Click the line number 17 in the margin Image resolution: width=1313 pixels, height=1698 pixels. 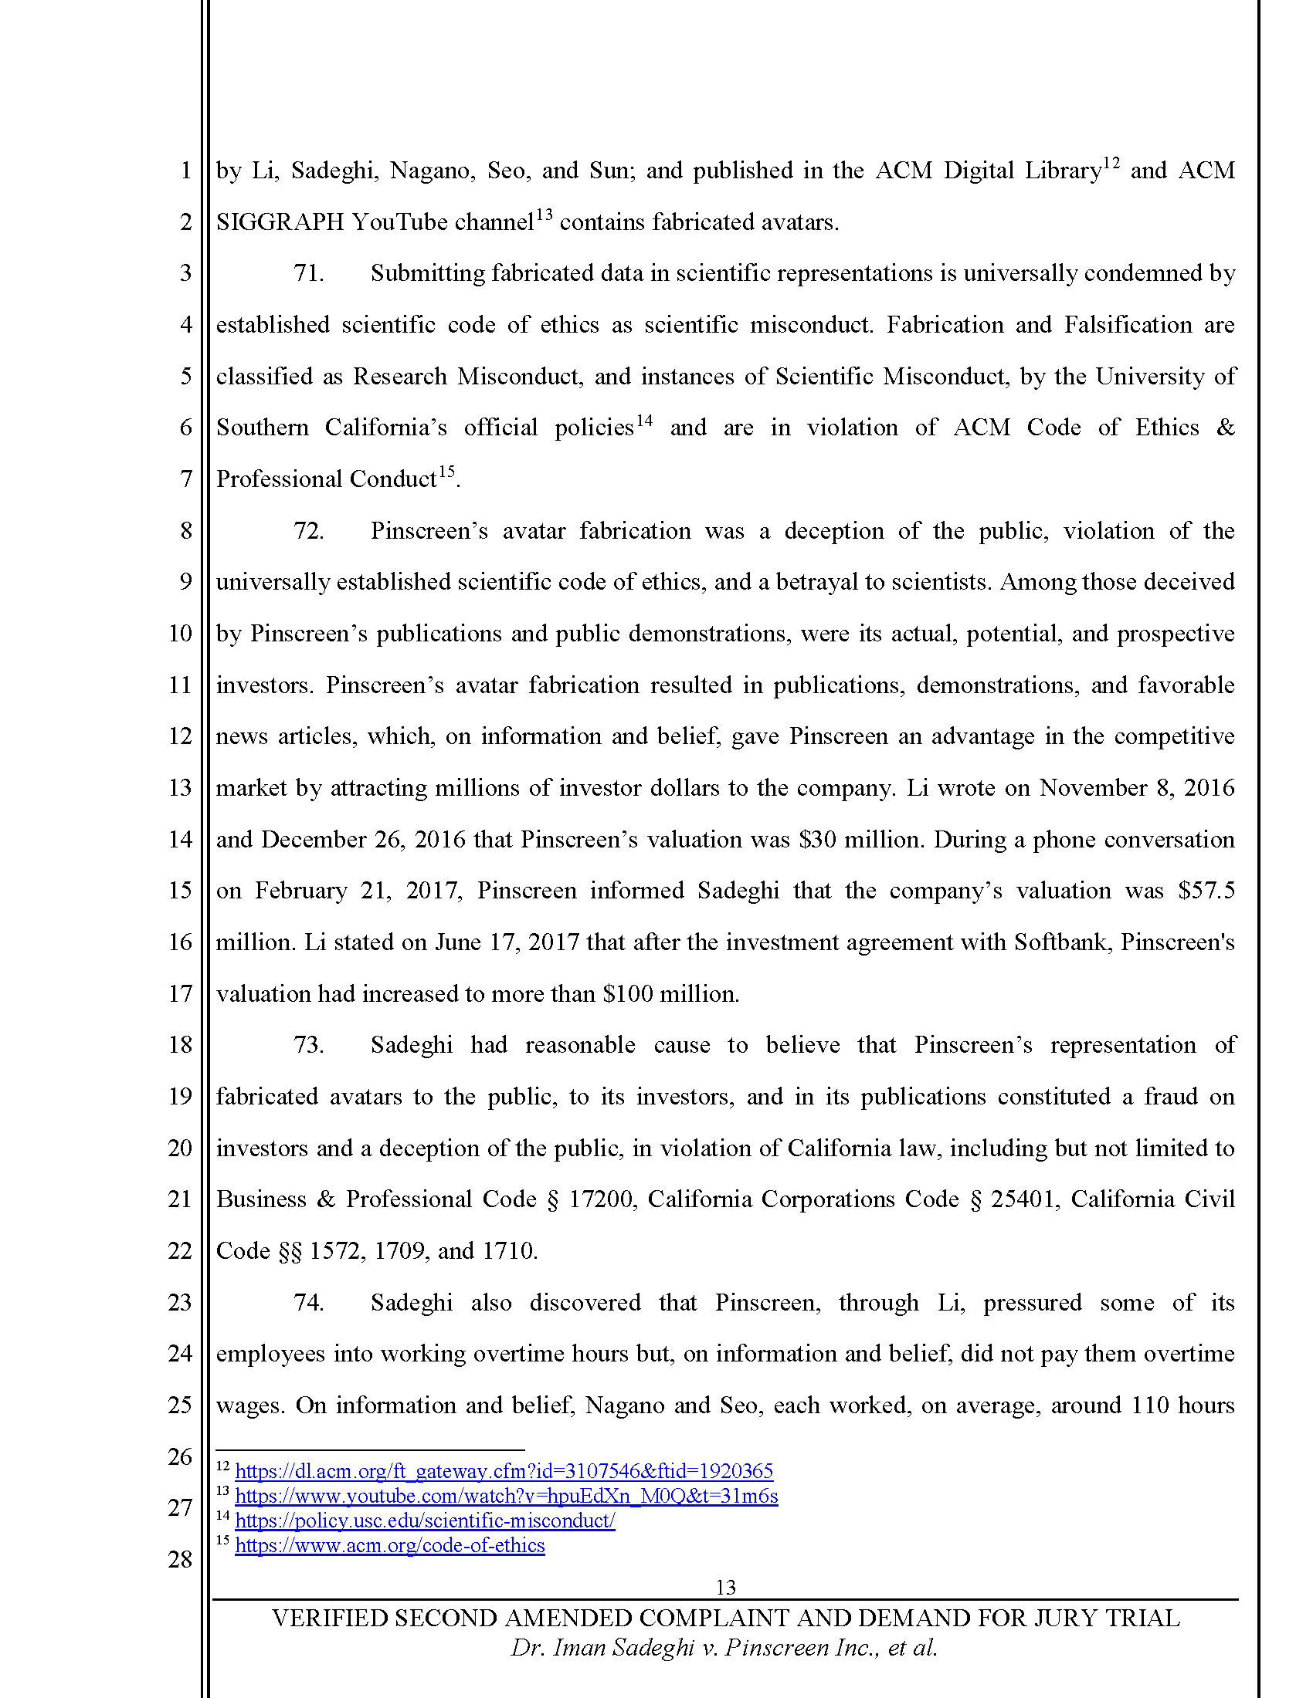coord(180,993)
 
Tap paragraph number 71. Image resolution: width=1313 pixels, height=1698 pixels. coord(308,274)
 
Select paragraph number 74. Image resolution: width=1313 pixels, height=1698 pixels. coord(308,1303)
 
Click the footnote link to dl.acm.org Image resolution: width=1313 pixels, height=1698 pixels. coord(504,1472)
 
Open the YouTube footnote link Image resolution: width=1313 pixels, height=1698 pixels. coord(506,1497)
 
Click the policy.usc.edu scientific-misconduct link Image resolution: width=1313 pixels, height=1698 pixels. coord(425,1521)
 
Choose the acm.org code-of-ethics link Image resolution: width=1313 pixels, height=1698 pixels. coord(390,1546)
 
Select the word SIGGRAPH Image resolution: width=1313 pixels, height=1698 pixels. coord(280,222)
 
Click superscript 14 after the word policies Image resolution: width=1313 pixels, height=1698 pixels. coord(644,421)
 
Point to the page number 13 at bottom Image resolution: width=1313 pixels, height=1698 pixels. coord(725,1588)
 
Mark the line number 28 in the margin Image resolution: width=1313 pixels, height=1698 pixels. coord(180,1560)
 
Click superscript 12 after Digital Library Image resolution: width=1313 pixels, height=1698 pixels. coord(1111,164)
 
